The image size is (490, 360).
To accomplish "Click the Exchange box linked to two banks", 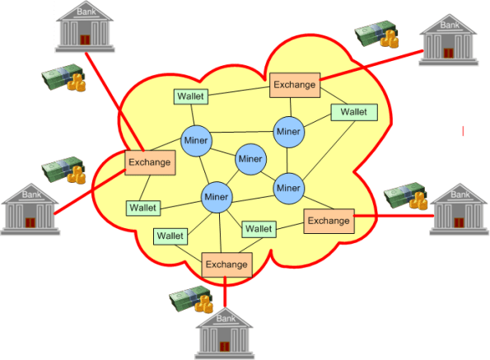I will (x=150, y=161).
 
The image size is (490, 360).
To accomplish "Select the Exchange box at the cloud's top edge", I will (x=293, y=83).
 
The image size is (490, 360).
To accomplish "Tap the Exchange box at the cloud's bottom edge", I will (x=226, y=264).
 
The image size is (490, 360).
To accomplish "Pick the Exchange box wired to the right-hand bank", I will (x=329, y=220).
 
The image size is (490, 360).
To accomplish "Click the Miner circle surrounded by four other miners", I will (x=250, y=158).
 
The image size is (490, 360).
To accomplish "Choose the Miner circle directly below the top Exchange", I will (x=288, y=130).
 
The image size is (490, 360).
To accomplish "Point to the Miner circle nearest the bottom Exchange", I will (x=216, y=197).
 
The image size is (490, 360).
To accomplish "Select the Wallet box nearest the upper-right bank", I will (x=353, y=112).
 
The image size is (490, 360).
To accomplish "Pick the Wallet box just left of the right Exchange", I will (x=259, y=228).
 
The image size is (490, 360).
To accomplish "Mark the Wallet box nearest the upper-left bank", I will (x=190, y=96).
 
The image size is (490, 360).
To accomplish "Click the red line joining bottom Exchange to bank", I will (x=225, y=291).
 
